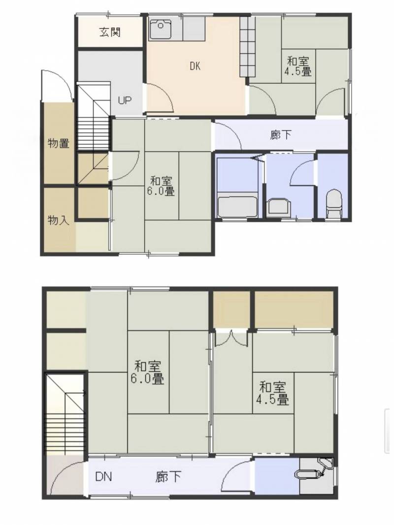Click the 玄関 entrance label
coord(110,32)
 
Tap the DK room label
coord(195,66)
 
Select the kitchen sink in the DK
coord(161,30)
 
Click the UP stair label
coord(125,100)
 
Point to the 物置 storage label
coord(58,143)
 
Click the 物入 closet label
coord(58,220)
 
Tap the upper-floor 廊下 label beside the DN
coord(168,476)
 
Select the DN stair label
coord(103,476)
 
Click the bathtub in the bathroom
coord(237,206)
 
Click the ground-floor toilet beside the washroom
coord(334,203)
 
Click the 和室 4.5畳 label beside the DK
coord(298,66)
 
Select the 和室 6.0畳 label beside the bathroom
coord(161,186)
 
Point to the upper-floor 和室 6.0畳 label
coord(147,372)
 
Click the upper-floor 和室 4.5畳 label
coord(273,394)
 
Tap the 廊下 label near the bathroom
coord(280,135)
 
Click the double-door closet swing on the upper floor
coord(231,338)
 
